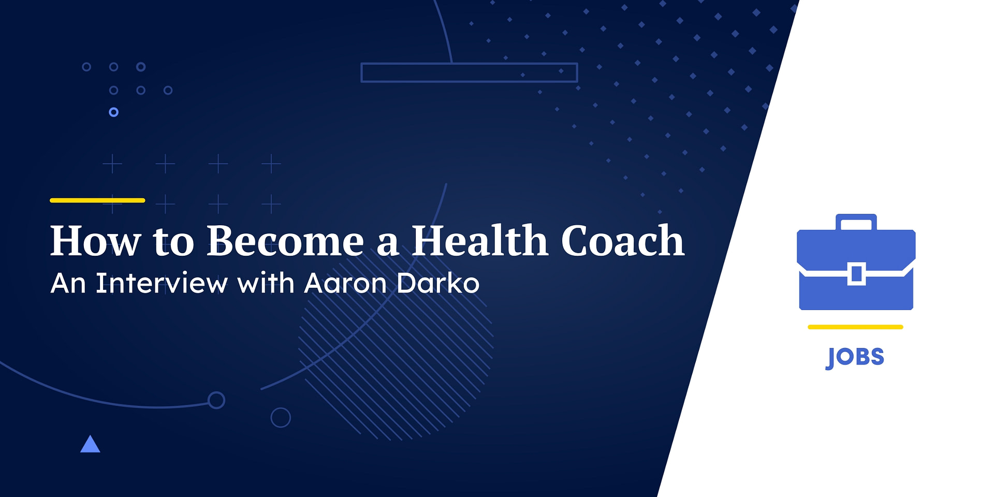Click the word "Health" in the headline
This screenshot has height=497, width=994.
point(479,241)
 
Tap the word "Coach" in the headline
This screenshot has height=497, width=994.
point(623,241)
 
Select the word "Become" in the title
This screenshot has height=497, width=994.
point(285,241)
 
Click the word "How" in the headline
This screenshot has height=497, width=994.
point(95,241)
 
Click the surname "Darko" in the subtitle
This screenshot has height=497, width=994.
point(438,283)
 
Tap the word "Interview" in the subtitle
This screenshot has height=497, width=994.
point(162,283)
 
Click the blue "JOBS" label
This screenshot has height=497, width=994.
point(855,357)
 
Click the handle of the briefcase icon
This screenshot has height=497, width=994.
point(856,221)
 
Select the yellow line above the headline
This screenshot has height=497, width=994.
point(97,200)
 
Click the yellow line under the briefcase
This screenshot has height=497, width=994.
point(855,327)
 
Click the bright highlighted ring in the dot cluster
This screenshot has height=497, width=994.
point(114,112)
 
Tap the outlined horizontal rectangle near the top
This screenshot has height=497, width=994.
point(469,72)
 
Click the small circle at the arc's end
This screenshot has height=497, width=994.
point(216,400)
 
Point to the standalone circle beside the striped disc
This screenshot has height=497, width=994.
point(281,417)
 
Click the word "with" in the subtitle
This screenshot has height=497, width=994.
point(266,283)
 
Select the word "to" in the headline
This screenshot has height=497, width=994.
point(173,241)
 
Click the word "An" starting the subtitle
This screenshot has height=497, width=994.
point(68,283)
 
